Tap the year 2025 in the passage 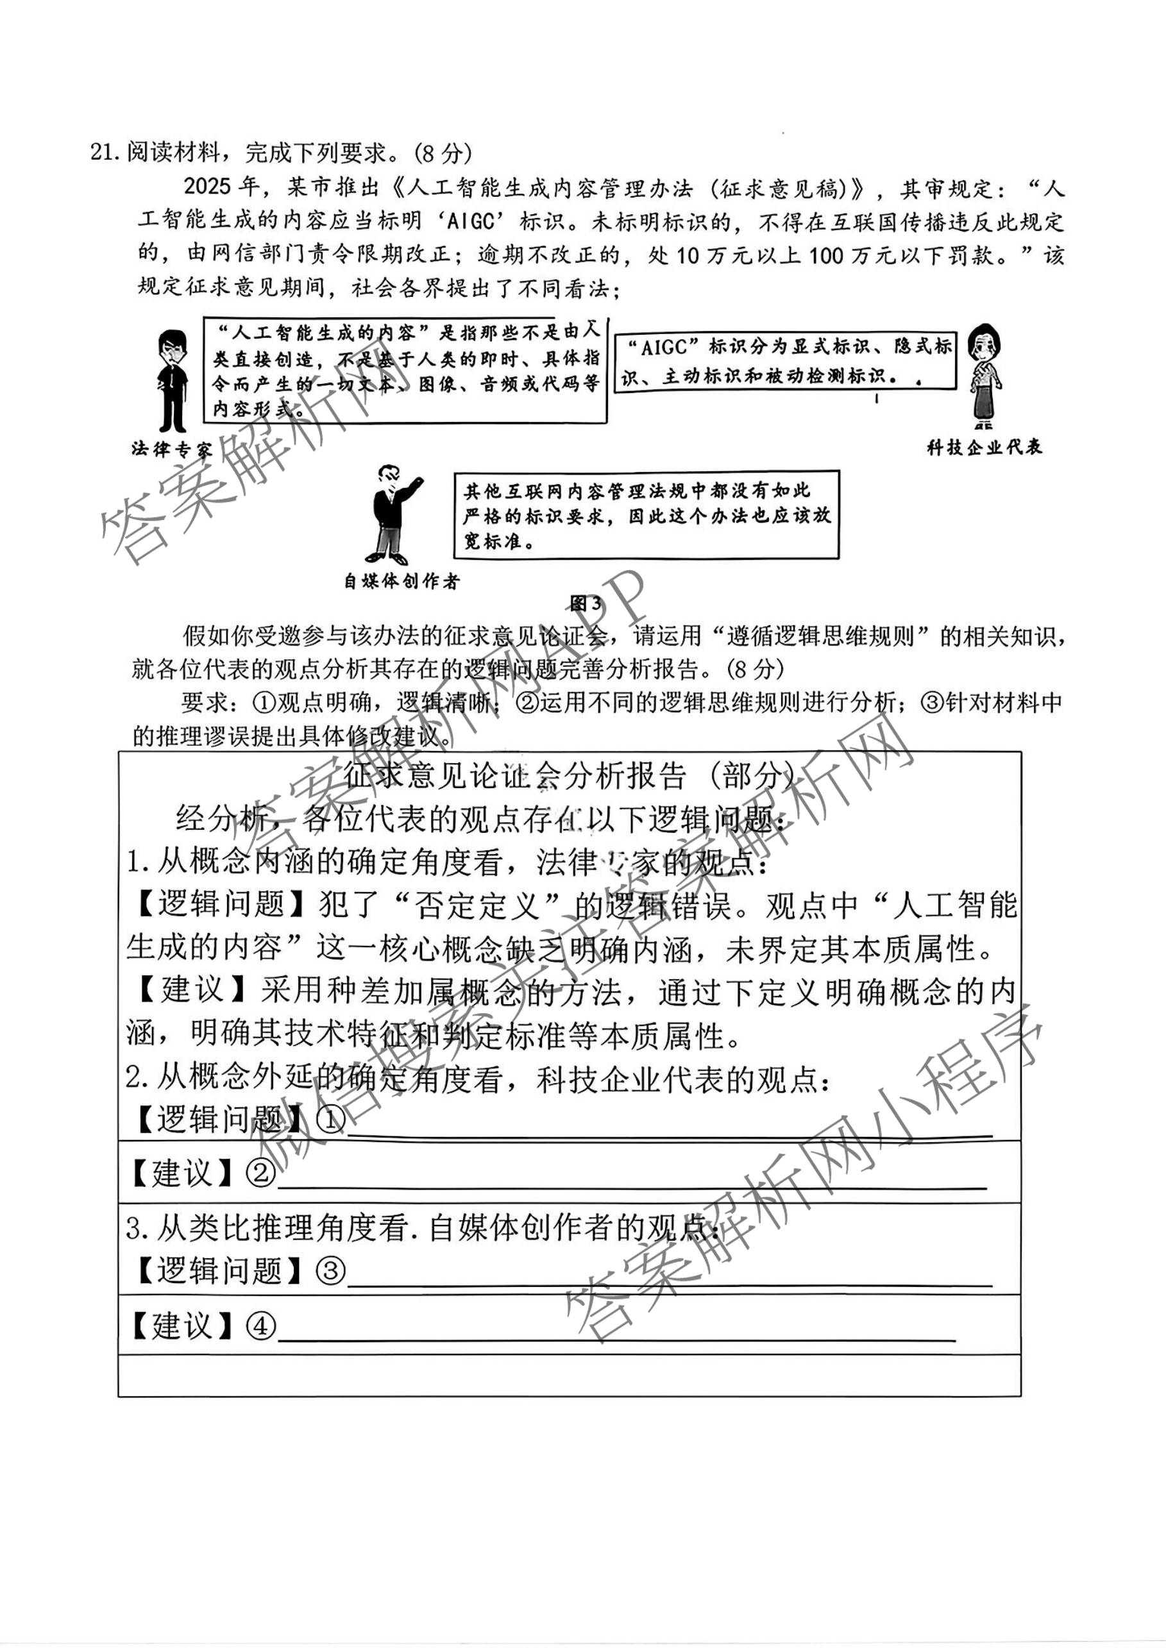point(209,187)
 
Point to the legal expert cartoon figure point(173,380)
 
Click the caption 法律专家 point(173,450)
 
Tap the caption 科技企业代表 point(984,448)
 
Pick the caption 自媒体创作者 point(401,582)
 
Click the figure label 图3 point(585,603)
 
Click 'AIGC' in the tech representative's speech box point(663,348)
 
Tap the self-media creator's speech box point(646,516)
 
